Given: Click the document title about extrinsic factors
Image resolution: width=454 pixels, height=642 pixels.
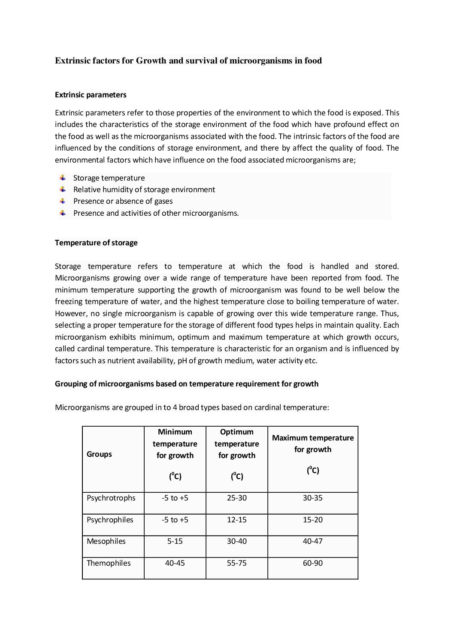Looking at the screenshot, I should click(188, 61).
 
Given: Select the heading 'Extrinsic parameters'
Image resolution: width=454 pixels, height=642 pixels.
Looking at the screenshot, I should click(91, 94).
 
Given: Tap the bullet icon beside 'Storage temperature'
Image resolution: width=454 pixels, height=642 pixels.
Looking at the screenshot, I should click(63, 178).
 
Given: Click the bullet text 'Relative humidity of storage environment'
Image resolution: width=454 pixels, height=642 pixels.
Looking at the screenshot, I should click(144, 190).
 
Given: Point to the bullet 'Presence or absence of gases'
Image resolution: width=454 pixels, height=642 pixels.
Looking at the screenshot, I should click(123, 201).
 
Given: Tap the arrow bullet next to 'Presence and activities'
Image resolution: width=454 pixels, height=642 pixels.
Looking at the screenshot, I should click(63, 213).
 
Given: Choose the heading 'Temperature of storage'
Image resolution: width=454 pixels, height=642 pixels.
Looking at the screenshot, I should click(96, 243).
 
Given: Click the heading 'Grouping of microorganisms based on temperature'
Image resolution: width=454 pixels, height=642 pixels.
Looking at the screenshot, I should click(187, 384).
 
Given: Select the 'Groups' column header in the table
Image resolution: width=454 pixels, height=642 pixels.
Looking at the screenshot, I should click(99, 454).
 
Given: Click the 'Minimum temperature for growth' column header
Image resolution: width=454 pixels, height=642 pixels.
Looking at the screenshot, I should click(175, 444).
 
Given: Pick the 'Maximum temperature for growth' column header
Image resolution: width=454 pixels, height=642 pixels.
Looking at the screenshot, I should click(313, 444).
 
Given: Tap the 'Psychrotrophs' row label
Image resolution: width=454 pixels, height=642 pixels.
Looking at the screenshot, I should click(111, 498).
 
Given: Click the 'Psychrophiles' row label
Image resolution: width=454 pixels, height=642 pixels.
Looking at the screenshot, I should click(110, 520).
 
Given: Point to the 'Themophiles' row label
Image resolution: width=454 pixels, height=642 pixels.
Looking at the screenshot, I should click(109, 563).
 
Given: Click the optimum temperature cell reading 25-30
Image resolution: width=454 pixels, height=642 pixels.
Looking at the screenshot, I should click(237, 498).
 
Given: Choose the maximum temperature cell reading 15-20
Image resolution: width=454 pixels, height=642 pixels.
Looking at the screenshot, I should click(313, 520).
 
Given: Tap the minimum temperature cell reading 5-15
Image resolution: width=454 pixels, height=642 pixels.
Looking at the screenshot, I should click(175, 541).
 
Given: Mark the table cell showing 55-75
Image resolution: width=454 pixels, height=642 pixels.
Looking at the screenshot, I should click(237, 563).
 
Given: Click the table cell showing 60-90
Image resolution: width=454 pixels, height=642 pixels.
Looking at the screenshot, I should click(313, 563).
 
